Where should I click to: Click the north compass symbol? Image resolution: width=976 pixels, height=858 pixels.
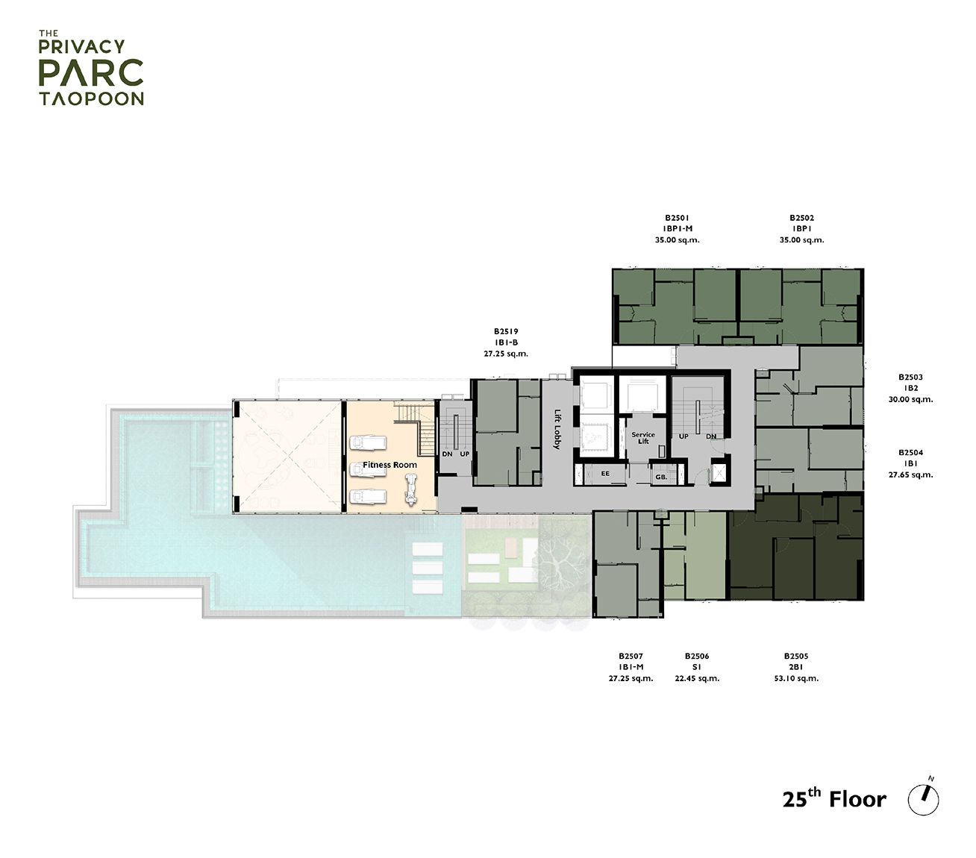[x=923, y=799]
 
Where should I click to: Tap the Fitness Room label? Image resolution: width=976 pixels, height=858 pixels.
[x=390, y=465]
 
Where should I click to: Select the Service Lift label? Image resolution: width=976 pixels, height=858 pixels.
[x=642, y=438]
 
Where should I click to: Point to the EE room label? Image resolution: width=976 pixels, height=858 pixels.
[x=605, y=472]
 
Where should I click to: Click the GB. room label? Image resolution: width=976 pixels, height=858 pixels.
[x=660, y=476]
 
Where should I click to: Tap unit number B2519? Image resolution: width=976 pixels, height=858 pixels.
[x=505, y=331]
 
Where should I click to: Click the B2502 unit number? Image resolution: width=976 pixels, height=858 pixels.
[x=801, y=218]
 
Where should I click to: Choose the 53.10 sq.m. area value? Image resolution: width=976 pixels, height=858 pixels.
[x=796, y=679]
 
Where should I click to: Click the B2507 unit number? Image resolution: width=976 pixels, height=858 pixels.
[x=631, y=657]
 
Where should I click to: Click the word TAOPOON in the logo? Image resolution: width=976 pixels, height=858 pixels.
[x=90, y=98]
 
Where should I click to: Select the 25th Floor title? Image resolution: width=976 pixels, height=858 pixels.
[x=834, y=799]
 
